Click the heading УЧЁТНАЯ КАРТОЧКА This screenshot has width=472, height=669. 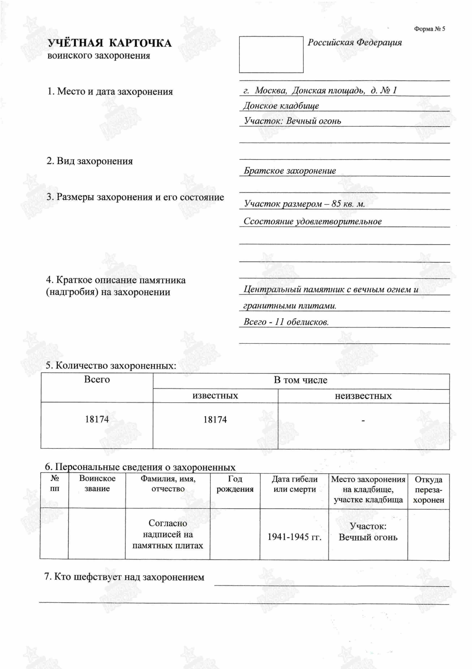pos(109,43)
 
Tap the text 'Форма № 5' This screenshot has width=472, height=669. pos(429,29)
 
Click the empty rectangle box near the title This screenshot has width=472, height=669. pos(271,54)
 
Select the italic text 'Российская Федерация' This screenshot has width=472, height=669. pos(355,43)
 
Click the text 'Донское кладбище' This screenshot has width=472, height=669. pos(281,106)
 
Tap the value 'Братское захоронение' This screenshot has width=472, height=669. pos(290,171)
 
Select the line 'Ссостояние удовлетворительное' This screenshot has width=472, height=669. pos(312,222)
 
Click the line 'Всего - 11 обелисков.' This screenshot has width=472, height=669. pos(286,322)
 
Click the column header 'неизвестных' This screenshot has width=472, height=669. pos(363,396)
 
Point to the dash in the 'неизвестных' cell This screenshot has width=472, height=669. pos(363,421)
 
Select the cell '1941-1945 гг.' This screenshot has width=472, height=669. pos(294,537)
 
